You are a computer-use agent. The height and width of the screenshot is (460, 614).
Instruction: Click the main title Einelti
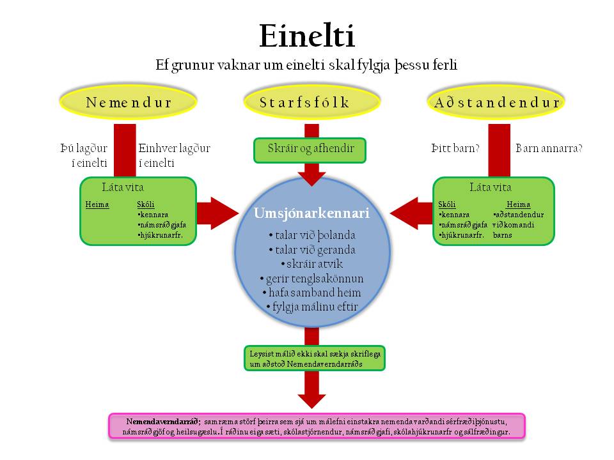[x=307, y=36]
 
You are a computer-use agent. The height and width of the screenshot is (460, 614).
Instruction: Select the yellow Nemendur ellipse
[x=128, y=102]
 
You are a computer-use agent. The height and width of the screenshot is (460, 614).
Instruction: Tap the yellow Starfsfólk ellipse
[x=311, y=102]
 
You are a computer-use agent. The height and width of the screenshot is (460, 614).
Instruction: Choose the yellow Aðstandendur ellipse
[x=496, y=102]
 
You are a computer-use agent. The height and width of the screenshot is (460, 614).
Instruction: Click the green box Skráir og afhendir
[x=310, y=149]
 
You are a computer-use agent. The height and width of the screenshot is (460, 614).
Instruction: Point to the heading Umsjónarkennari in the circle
[x=311, y=213]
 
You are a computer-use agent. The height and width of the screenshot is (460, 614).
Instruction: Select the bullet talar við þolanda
[x=312, y=235]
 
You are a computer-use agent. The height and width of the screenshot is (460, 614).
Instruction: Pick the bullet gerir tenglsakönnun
[x=311, y=279]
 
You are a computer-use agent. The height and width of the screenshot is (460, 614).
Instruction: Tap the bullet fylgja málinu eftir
[x=312, y=307]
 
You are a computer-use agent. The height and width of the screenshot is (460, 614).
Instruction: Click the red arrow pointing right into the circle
[x=217, y=213]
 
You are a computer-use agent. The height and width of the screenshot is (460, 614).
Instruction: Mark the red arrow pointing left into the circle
[x=411, y=213]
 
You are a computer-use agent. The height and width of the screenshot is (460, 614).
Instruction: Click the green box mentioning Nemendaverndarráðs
[x=315, y=358]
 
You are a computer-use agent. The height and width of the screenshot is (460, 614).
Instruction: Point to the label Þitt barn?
[x=455, y=148]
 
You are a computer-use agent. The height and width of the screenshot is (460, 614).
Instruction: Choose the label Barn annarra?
[x=549, y=148]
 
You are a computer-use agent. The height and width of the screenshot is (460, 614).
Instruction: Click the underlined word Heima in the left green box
[x=97, y=204]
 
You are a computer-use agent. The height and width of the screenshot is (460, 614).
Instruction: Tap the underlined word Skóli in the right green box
[x=447, y=204]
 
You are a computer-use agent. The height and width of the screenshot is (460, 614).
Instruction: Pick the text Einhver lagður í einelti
[x=174, y=155]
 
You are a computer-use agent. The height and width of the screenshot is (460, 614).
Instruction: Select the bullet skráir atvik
[x=312, y=264]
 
